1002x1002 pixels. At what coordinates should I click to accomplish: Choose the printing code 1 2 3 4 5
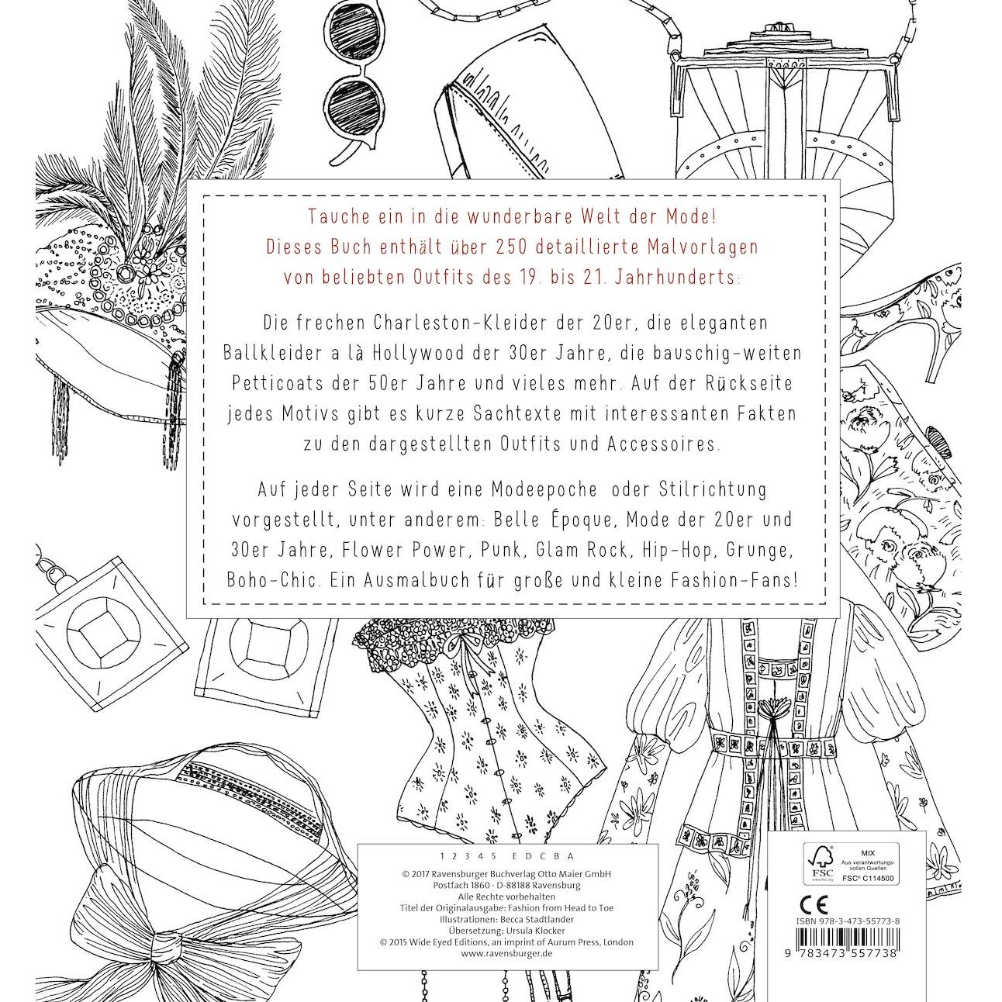466,856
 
